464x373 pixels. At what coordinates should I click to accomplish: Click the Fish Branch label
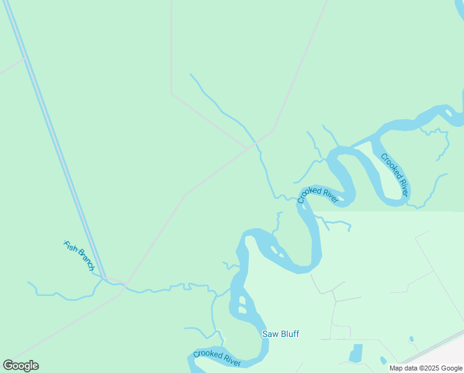point(79,256)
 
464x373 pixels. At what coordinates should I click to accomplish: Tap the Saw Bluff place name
point(280,334)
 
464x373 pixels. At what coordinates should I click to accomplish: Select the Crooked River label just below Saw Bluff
point(216,358)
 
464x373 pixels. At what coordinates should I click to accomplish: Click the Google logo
point(20,366)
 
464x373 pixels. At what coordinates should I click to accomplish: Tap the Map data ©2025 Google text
point(426,368)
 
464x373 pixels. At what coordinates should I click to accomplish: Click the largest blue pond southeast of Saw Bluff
point(356,353)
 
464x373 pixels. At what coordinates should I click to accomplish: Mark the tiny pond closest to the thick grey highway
point(411,339)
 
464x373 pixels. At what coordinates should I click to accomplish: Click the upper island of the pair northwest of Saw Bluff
point(241,300)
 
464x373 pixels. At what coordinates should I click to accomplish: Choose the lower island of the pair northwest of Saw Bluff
point(242,309)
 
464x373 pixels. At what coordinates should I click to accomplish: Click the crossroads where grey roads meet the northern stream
point(254,145)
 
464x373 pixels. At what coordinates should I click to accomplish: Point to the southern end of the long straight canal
point(104,278)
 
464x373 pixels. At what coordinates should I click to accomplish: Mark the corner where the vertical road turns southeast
point(172,94)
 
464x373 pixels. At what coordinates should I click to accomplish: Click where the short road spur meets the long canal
point(24,59)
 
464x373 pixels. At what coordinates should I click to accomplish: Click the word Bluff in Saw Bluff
point(288,334)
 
